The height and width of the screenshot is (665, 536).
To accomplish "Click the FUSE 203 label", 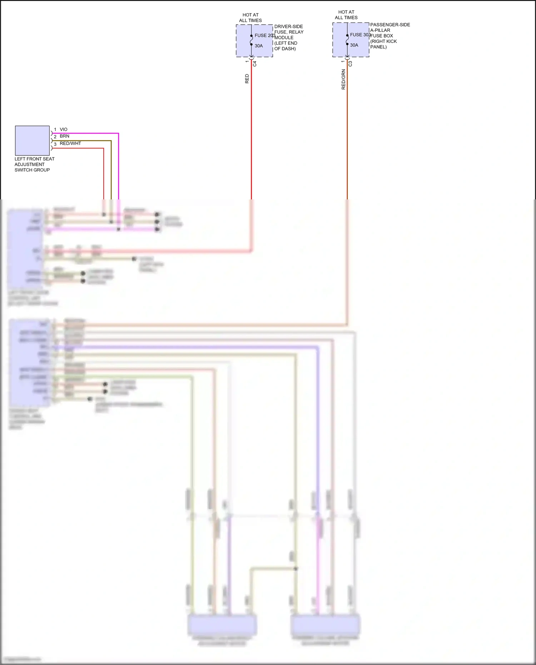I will tap(264, 35).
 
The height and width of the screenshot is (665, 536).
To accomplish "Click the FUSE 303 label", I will tap(360, 35).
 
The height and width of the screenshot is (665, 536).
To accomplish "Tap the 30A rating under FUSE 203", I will tap(259, 46).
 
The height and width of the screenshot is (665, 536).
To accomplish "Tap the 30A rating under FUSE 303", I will tap(354, 45).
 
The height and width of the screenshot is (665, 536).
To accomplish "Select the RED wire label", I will tap(247, 79).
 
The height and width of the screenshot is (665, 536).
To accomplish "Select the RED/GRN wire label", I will tap(343, 79).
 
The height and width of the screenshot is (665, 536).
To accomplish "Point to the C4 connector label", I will tap(255, 64).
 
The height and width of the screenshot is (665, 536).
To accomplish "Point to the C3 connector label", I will tap(350, 64).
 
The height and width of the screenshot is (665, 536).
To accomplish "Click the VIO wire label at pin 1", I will tap(64, 129).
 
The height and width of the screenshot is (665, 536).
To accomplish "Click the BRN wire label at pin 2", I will tap(65, 136).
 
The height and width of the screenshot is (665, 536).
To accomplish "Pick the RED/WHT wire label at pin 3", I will tap(70, 143).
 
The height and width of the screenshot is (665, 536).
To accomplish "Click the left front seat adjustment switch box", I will tap(32, 140).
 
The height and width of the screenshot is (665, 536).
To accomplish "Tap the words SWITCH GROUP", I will tap(32, 170).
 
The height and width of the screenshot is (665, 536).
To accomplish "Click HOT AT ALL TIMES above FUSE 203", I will tap(250, 18).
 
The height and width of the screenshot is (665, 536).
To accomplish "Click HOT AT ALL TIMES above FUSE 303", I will tap(346, 15).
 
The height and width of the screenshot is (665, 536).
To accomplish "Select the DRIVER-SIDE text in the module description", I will tap(289, 26).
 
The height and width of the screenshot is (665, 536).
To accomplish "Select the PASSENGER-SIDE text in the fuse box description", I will tap(390, 25).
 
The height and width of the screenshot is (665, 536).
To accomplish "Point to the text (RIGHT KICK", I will tap(384, 41).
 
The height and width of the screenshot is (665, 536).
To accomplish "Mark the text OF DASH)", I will tap(285, 49).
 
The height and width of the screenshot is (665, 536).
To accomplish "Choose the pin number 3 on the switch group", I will tap(55, 144).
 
